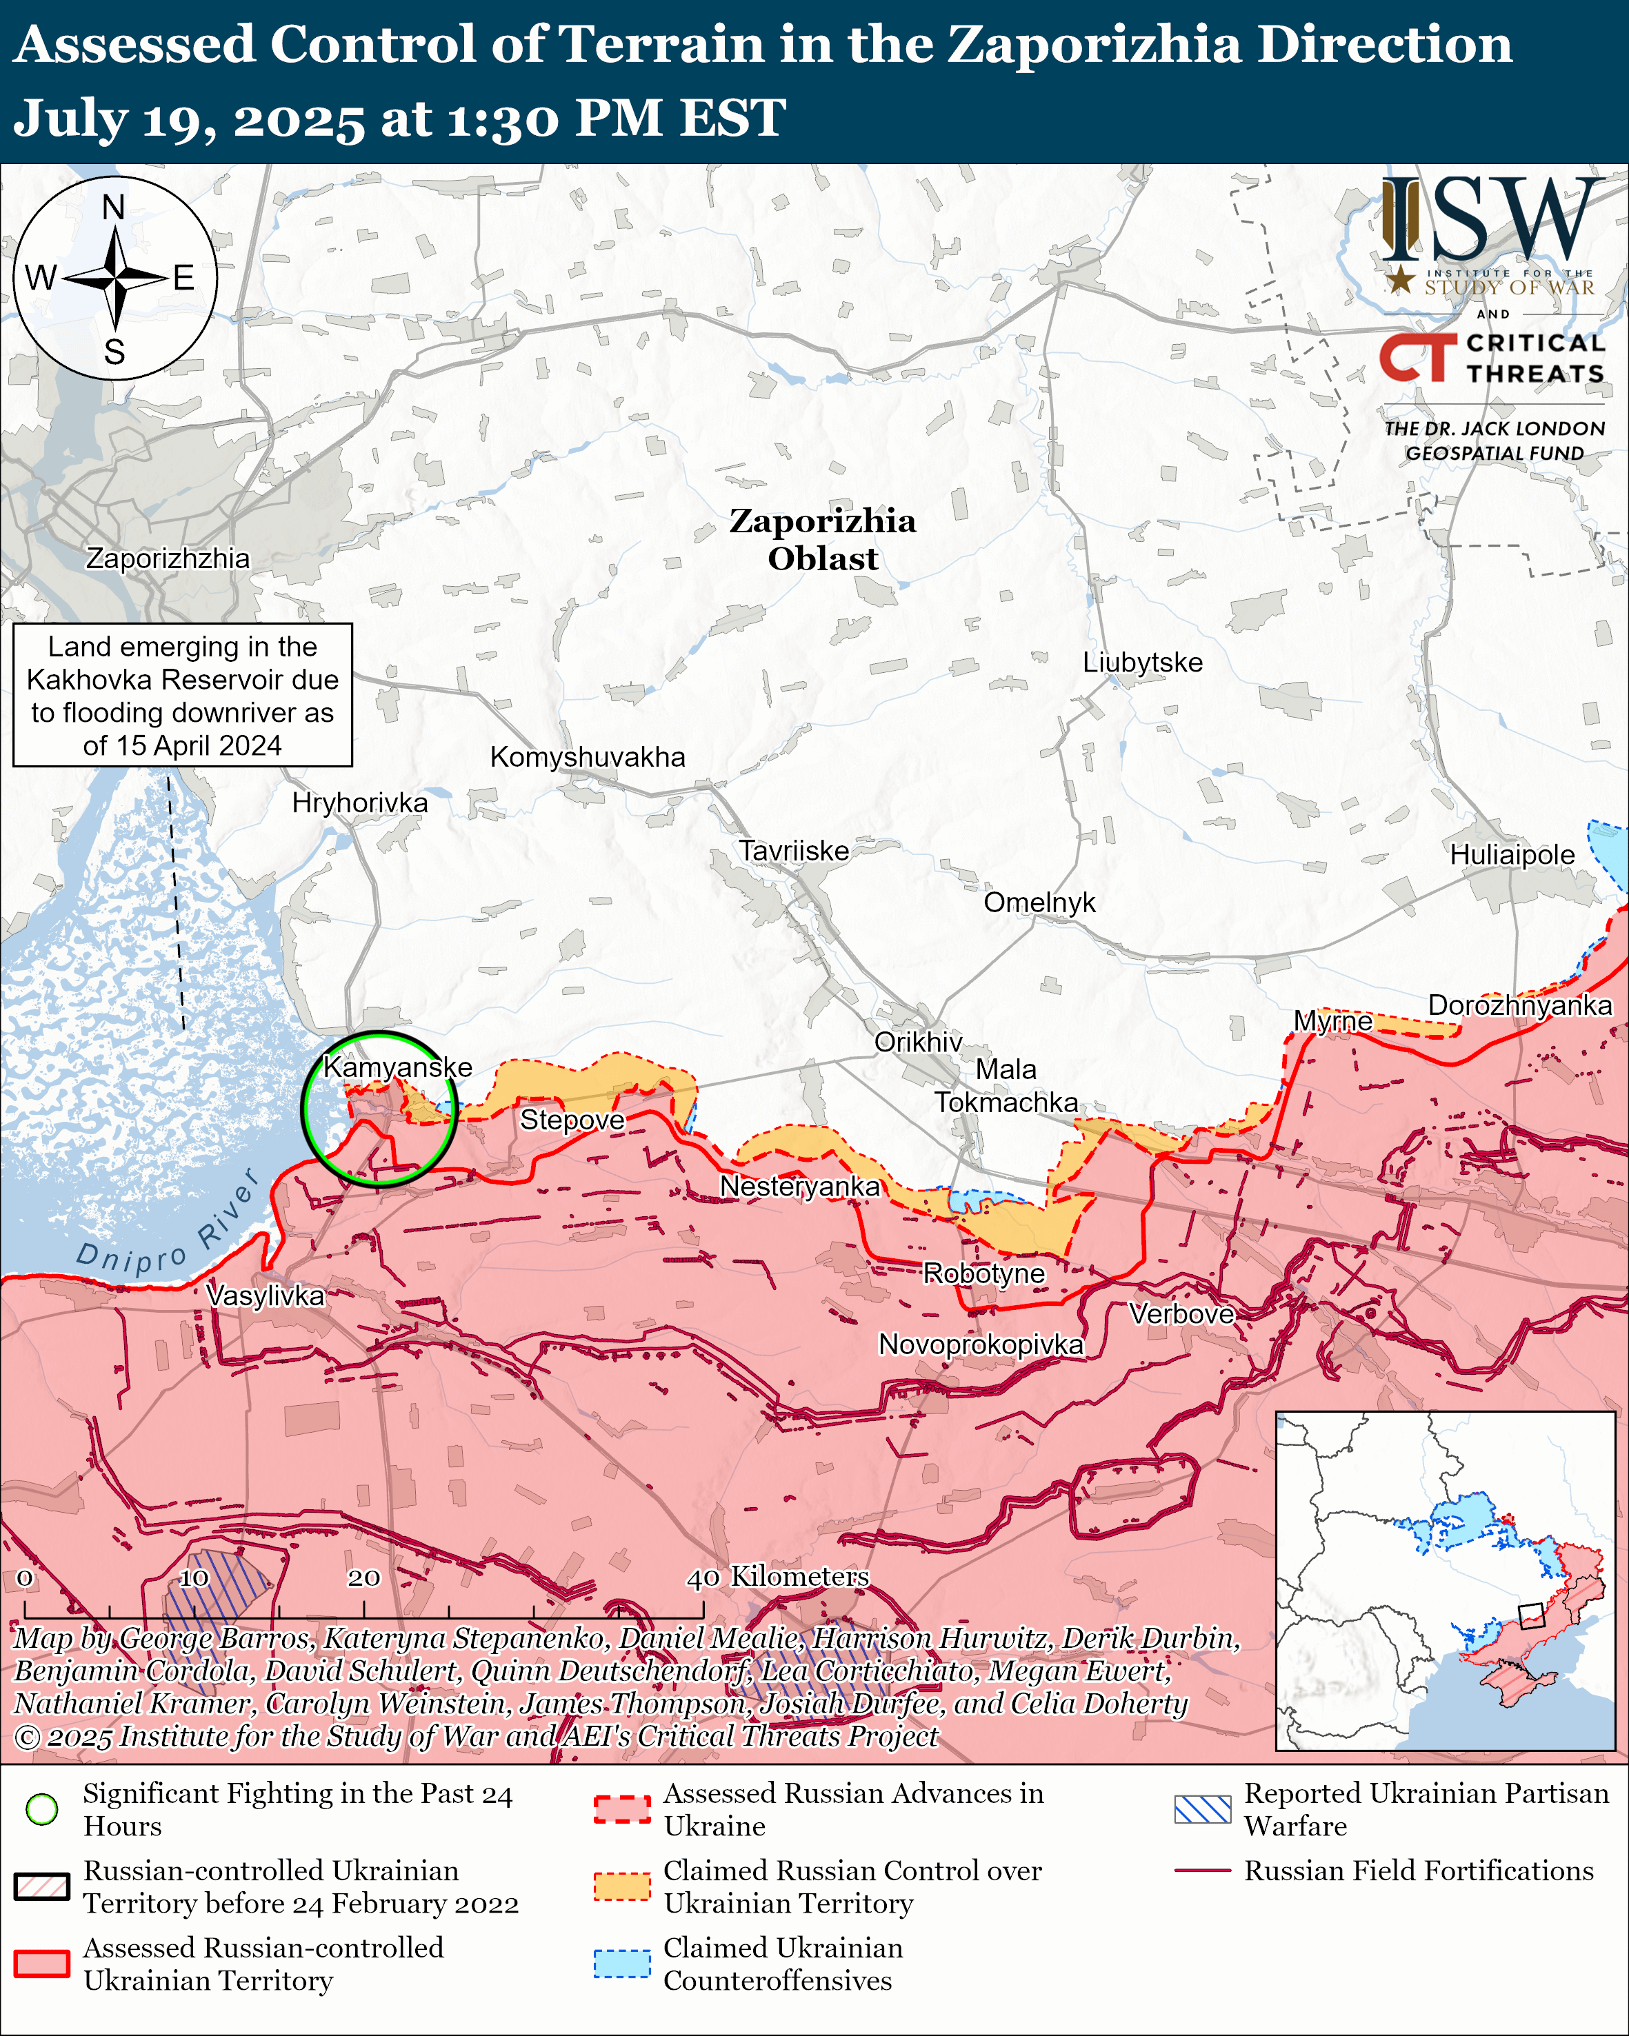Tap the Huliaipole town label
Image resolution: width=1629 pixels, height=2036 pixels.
click(1512, 855)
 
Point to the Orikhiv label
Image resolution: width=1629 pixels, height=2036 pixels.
click(918, 1042)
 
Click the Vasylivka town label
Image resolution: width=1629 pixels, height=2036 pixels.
click(266, 1296)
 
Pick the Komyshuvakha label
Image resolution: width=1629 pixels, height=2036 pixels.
click(588, 756)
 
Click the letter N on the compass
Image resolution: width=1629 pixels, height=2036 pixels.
click(113, 207)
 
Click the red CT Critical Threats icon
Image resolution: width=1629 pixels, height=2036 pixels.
click(1417, 357)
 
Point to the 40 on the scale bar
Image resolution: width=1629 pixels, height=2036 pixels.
click(703, 1578)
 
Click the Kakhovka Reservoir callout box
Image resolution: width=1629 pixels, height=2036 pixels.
click(182, 695)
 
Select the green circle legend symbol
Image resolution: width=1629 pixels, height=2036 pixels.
click(41, 1809)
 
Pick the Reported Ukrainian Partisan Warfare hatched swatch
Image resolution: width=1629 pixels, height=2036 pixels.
click(1202, 1809)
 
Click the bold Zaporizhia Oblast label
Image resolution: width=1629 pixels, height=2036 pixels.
click(823, 539)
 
